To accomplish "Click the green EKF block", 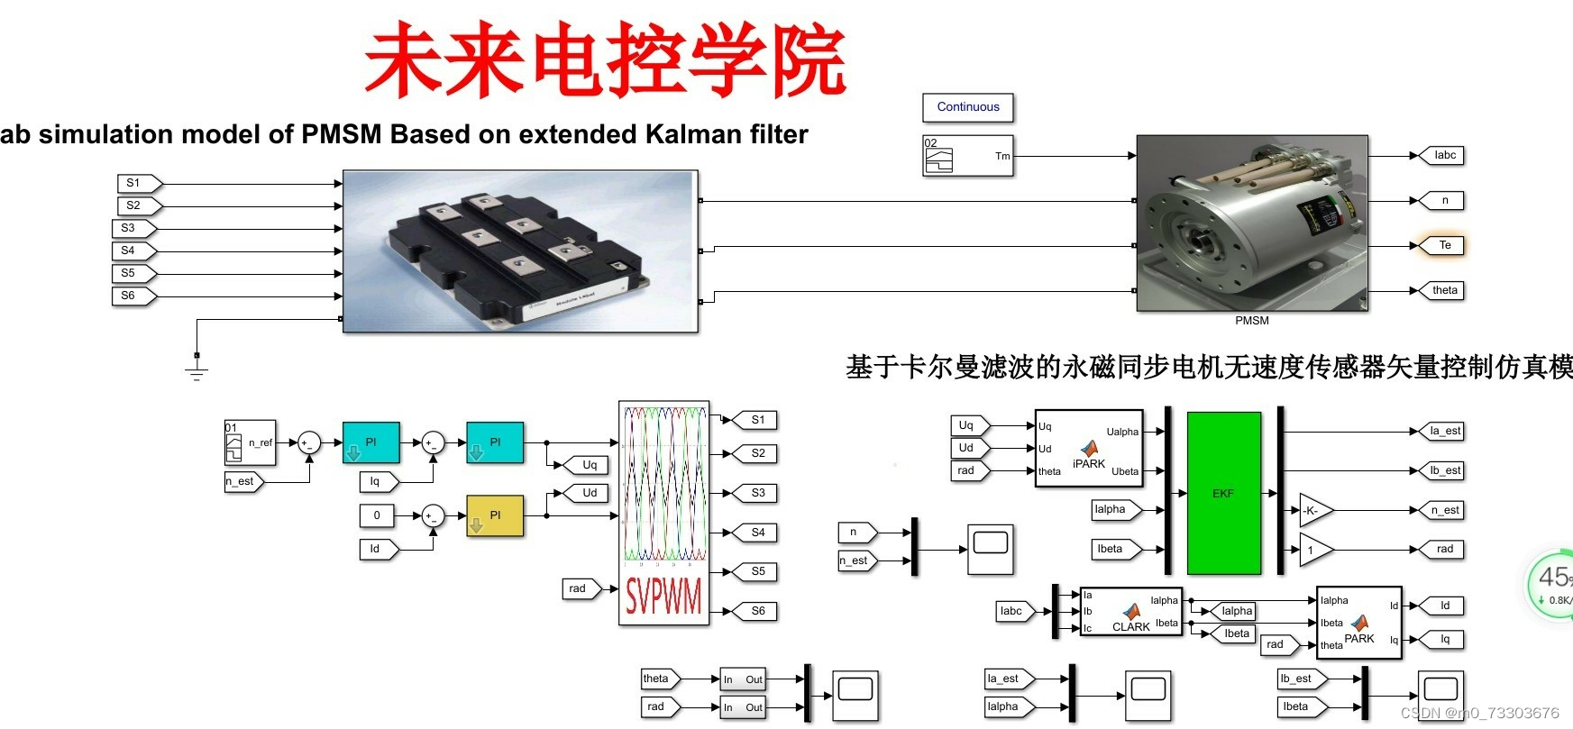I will point(1223,493).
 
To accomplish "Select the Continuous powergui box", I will point(968,107).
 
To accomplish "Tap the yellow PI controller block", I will point(495,515).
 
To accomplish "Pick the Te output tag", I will point(1442,245).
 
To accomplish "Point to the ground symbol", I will point(197,369).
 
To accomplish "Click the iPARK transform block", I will point(1088,448).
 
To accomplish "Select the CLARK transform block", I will point(1130,611).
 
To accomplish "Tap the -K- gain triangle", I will point(1313,510).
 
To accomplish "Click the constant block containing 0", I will point(378,515).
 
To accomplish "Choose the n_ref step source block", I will point(250,442).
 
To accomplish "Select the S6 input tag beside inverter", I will point(132,296).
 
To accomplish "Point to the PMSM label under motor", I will point(1251,321).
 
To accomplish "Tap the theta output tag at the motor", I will point(1442,290).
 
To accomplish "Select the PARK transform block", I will point(1358,622).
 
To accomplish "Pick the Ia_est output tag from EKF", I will point(1442,431).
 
